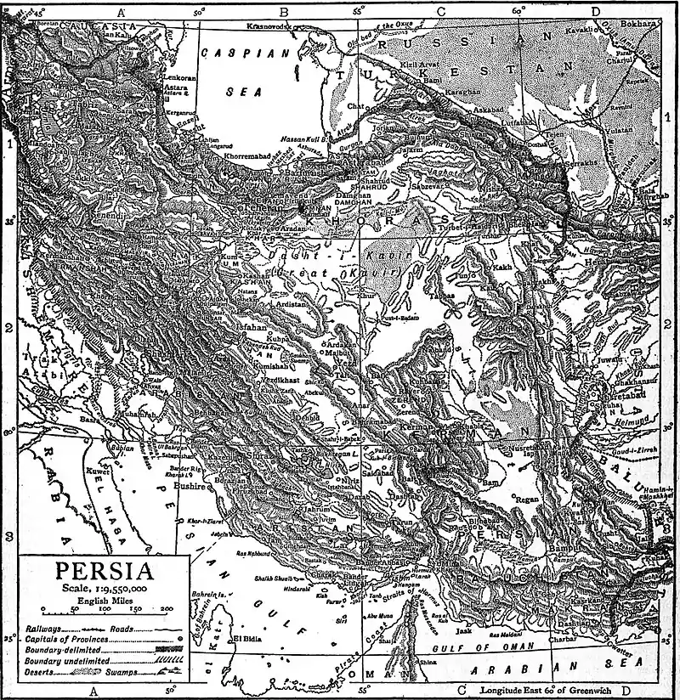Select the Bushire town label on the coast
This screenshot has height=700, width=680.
pos(190,488)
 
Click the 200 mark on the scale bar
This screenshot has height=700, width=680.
pos(167,608)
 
